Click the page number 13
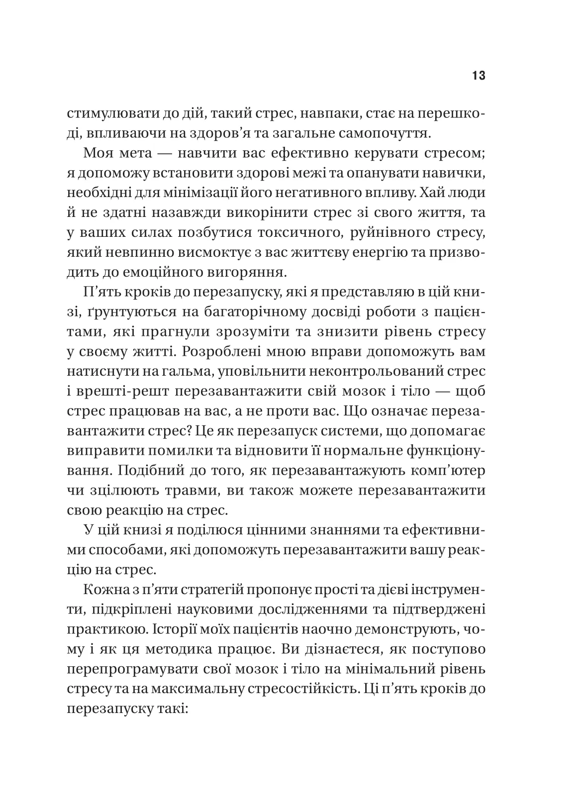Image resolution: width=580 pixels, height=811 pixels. pyautogui.click(x=479, y=76)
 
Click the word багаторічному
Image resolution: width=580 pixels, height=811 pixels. pyautogui.click(x=254, y=312)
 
